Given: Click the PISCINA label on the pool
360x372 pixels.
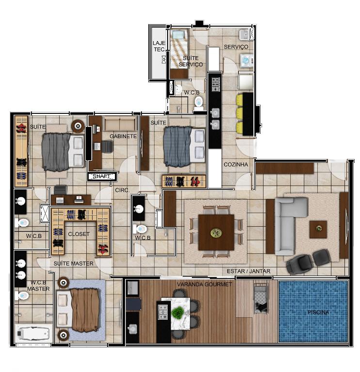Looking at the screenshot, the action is click(x=318, y=312).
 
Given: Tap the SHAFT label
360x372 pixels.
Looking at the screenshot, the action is click(x=101, y=176).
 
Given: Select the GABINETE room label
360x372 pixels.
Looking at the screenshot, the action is click(x=123, y=136).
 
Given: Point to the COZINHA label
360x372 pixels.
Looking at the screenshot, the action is click(x=236, y=164).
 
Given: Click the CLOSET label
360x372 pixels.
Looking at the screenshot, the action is click(x=79, y=234).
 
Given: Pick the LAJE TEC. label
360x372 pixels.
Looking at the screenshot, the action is click(x=159, y=46).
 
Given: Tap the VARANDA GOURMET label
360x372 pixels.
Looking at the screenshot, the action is click(x=204, y=284).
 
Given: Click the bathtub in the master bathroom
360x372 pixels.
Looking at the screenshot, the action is click(x=34, y=333).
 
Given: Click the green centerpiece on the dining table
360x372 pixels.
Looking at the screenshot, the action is click(x=216, y=232).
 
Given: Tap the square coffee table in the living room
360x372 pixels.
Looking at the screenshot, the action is click(x=318, y=229).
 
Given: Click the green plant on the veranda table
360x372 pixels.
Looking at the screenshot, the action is click(x=177, y=312).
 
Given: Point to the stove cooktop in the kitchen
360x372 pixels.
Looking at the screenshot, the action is click(x=216, y=84).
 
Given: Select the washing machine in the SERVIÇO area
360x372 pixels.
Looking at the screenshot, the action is click(x=247, y=60).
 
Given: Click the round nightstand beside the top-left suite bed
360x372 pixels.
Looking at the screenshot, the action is click(x=78, y=126).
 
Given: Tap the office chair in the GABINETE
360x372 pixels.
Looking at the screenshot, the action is click(x=107, y=147).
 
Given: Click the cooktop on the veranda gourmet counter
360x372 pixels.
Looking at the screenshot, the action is click(x=163, y=312).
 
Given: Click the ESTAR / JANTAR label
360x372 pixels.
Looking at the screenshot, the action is click(x=249, y=271).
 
